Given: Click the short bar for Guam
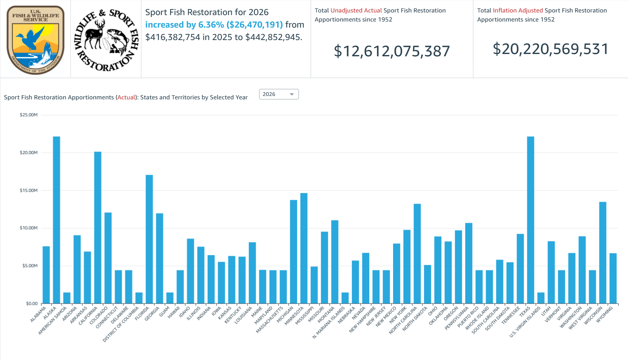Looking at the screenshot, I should coord(170,298).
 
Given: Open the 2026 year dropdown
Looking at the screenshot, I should coord(279,94).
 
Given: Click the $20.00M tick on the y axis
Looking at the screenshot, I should coord(29,153).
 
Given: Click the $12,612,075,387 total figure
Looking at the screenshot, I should coord(392,51).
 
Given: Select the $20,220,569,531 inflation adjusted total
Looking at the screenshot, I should coord(550,49).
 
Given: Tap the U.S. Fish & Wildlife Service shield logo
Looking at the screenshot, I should coord(35,39).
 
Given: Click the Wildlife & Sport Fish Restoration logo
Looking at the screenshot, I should coord(106,39).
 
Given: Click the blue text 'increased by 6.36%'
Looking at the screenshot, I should coord(184,25).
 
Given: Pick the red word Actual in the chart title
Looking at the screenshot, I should coord(126,97).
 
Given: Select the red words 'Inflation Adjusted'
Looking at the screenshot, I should coord(518,11).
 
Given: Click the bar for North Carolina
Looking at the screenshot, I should coord(417,253).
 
